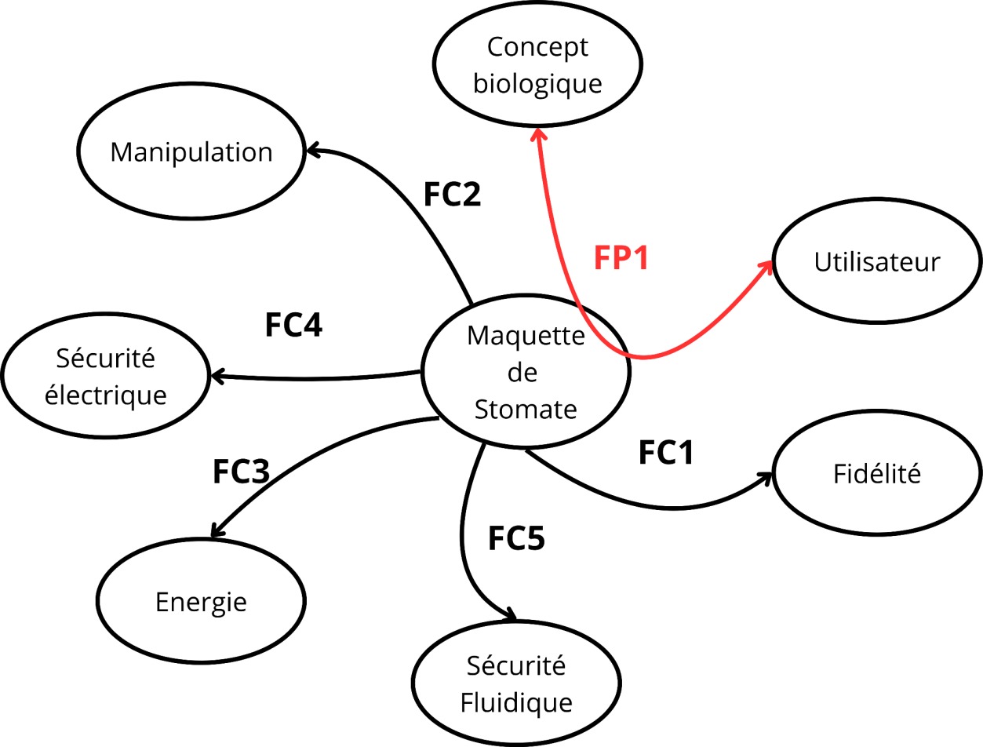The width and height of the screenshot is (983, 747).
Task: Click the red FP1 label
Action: pos(621,258)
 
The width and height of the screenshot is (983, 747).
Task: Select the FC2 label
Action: pos(452,195)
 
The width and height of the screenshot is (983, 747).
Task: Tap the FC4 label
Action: pos(293,325)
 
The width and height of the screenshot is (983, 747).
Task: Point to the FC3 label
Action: pos(241,472)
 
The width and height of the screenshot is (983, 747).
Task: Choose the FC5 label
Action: pos(516,537)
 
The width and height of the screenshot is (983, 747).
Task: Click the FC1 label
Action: pos(666,452)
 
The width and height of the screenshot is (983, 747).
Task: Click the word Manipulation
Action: pos(191,153)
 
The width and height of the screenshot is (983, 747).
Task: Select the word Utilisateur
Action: pos(877,262)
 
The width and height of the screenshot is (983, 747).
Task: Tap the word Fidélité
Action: pos(877,473)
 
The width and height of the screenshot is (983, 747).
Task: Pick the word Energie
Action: pos(201,603)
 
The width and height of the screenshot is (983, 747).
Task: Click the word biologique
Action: pos(537,84)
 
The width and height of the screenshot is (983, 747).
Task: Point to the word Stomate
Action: pos(526,410)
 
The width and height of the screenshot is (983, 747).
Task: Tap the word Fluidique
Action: pos(516,702)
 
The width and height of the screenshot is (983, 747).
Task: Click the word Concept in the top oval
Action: pos(537,48)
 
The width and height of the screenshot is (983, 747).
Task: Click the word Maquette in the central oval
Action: pos(526,336)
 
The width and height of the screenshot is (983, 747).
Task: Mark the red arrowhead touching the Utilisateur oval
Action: pos(766,267)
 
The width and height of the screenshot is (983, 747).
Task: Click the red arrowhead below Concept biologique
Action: pos(539,134)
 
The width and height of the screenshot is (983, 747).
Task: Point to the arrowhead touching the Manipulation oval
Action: pos(312,150)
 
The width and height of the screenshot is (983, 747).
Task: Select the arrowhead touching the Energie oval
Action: pos(217,530)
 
